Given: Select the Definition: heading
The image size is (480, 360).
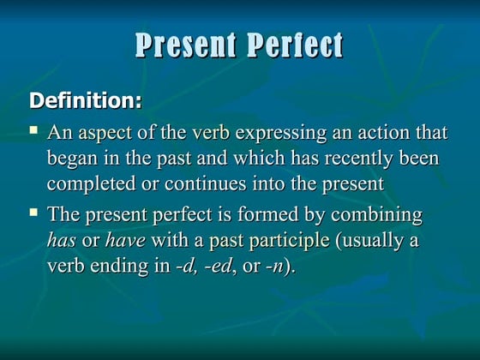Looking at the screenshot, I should [x=86, y=100].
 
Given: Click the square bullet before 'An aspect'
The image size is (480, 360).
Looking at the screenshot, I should [x=33, y=131].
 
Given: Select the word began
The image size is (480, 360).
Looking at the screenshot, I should [x=72, y=159].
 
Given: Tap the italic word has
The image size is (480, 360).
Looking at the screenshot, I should [x=61, y=240].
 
